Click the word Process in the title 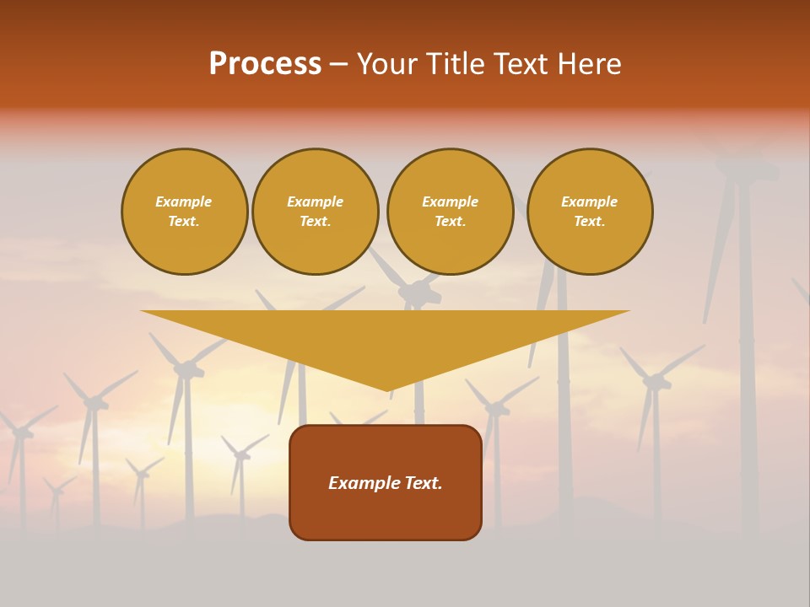tap(265, 64)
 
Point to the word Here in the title tap(591, 64)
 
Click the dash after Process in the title tap(338, 64)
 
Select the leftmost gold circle tap(185, 212)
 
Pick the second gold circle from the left tap(316, 212)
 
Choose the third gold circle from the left tap(451, 212)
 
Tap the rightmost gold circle tap(590, 212)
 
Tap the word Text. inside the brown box tap(422, 483)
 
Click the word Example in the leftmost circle tap(184, 201)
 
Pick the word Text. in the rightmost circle tap(590, 221)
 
